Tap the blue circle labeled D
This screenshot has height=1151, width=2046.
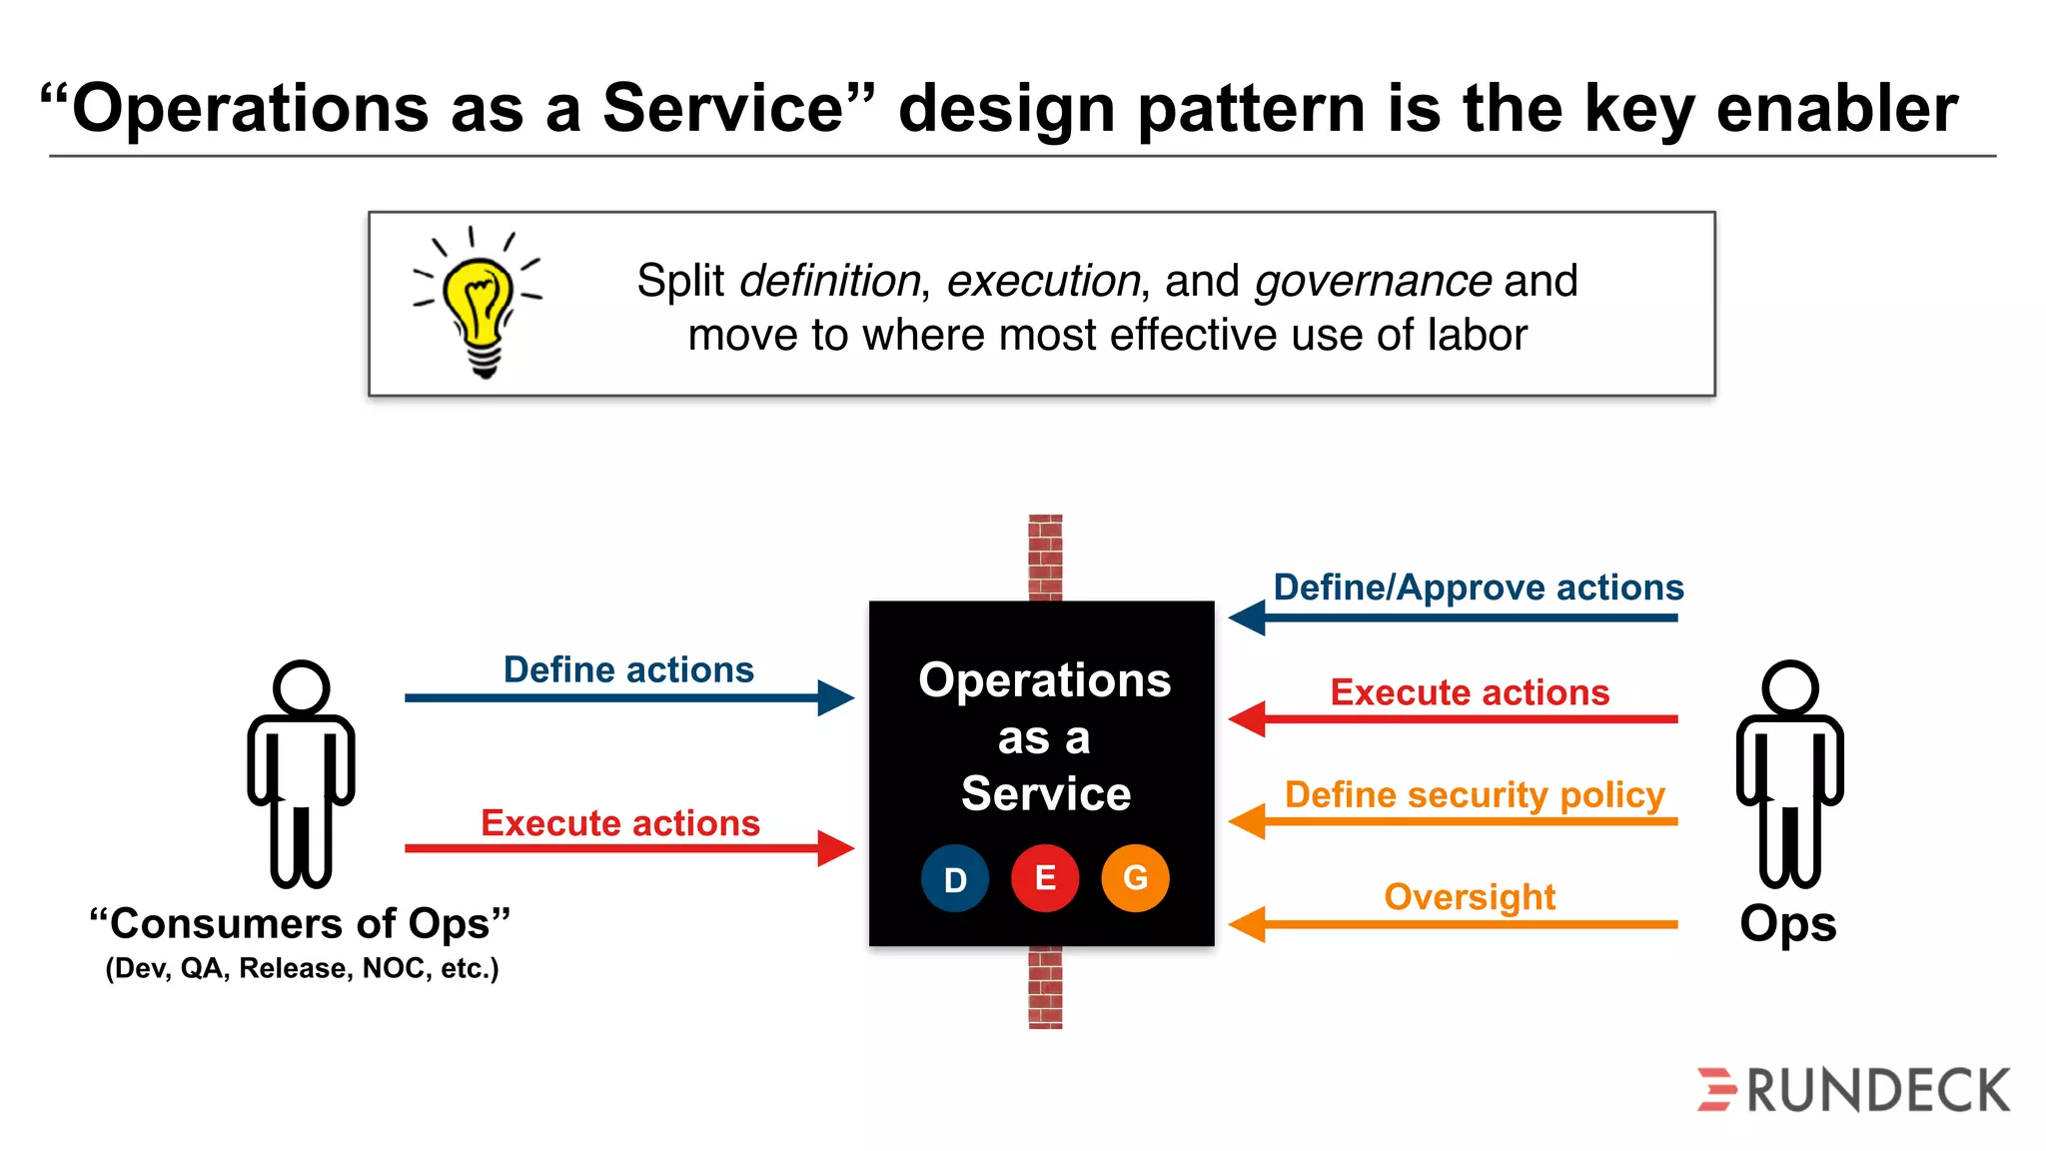(x=955, y=879)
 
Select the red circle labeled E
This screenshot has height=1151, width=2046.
(x=1045, y=878)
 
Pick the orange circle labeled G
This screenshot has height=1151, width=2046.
(x=1135, y=878)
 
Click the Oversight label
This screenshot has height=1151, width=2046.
(x=1470, y=896)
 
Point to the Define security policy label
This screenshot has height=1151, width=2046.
(x=1475, y=794)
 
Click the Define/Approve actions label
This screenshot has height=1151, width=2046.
(x=1479, y=587)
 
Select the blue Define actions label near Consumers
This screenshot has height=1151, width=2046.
(x=628, y=669)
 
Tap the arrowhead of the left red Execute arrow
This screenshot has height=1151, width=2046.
(x=835, y=848)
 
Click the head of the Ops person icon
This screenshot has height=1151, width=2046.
(x=1789, y=687)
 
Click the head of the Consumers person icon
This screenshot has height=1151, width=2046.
(x=301, y=687)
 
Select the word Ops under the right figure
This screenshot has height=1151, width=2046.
(x=1787, y=924)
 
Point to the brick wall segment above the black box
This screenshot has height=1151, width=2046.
(x=1045, y=557)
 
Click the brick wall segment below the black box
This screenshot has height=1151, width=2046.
(x=1045, y=987)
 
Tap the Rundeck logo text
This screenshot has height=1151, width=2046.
(x=1878, y=1090)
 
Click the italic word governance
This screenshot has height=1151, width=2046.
(x=1373, y=281)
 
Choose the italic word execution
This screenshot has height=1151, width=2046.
(x=1043, y=281)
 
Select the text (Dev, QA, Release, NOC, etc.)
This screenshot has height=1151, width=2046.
(x=302, y=968)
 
